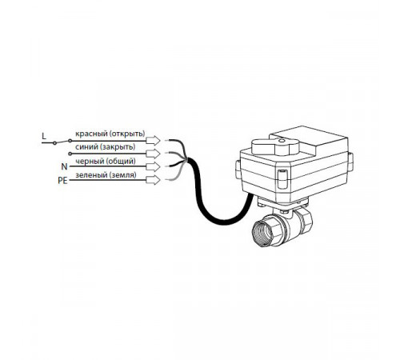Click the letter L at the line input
coord(44,136)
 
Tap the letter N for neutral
coord(64,166)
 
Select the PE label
coord(63,181)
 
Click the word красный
coord(91,134)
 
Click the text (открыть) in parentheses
coord(127,134)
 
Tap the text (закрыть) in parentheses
coord(118,147)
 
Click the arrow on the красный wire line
coord(154,141)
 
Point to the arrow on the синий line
coord(154,154)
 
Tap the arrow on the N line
coord(154,167)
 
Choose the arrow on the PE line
coord(154,180)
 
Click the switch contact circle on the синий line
coord(70,154)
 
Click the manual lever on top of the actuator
coord(275,146)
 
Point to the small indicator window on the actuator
coord(282,178)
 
